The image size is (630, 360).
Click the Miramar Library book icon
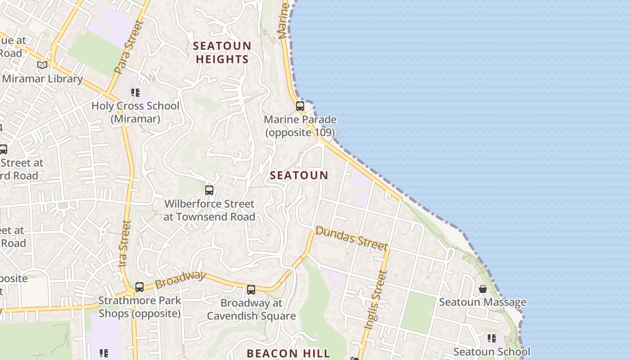click(x=42, y=65)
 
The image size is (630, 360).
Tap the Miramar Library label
click(x=42, y=79)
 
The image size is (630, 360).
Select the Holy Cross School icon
click(x=135, y=93)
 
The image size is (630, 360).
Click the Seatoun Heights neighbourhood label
click(x=222, y=53)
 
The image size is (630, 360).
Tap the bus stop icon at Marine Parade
click(x=300, y=106)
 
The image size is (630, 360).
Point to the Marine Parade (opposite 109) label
click(x=300, y=126)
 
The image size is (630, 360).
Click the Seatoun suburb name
click(x=299, y=175)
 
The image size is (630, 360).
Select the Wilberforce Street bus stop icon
click(x=209, y=190)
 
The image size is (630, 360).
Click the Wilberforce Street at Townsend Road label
click(x=209, y=210)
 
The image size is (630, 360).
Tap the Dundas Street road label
click(x=351, y=238)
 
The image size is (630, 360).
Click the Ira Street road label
click(x=125, y=243)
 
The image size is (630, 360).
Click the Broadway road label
click(x=180, y=280)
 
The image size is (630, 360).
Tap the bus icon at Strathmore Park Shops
click(x=139, y=287)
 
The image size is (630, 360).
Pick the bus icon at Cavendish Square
click(x=251, y=290)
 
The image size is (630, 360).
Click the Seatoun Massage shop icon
click(x=483, y=289)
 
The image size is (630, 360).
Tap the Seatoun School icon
click(x=491, y=338)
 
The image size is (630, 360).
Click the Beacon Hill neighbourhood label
click(x=288, y=353)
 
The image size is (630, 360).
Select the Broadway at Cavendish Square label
click(x=251, y=310)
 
